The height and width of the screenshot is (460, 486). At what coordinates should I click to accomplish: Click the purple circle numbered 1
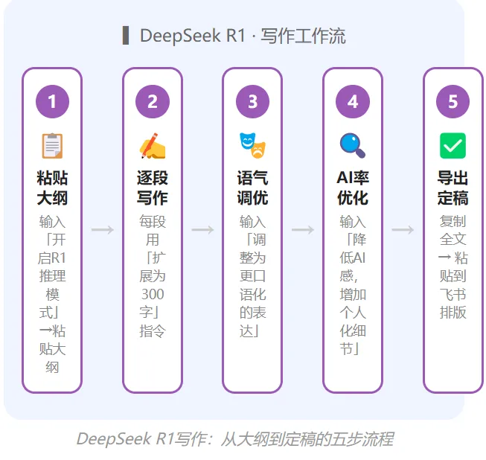point(52,101)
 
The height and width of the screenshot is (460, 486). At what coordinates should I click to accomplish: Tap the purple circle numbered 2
point(153,101)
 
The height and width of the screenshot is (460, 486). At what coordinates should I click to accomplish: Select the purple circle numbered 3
point(252,101)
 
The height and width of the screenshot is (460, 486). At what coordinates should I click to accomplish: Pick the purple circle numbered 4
point(353,101)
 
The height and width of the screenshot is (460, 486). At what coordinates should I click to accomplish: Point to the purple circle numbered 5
point(453,101)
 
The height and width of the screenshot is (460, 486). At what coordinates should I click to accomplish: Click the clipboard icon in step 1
point(52,145)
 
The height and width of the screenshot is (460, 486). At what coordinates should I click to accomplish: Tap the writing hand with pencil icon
point(153,145)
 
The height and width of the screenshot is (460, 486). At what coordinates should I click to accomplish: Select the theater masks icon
point(252,145)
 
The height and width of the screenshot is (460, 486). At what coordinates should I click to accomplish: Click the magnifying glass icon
point(353,145)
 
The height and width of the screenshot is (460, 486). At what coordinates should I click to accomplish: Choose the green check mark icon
point(453,145)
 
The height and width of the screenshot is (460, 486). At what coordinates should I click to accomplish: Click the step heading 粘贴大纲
point(52,188)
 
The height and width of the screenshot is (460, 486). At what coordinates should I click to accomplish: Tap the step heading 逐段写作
point(153,188)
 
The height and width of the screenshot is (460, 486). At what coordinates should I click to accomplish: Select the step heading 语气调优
point(252,188)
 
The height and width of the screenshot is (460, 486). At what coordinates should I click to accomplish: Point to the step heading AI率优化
point(353,188)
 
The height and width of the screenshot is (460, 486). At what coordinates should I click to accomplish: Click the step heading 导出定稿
point(453,188)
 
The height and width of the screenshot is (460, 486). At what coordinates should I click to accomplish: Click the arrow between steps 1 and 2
point(103,230)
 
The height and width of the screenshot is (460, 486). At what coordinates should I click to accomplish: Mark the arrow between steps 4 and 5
point(403,230)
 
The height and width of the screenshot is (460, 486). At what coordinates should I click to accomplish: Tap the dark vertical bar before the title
point(126,35)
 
